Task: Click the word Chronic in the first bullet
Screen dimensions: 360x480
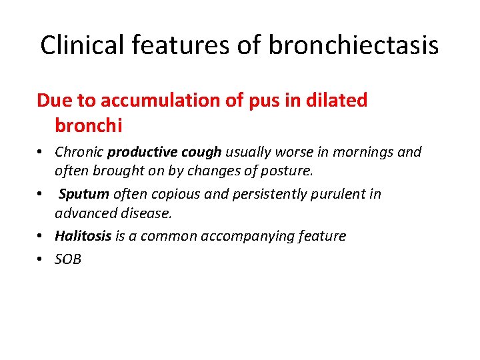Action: [79, 152]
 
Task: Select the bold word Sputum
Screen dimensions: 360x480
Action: [84, 194]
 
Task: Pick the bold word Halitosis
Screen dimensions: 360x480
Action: [84, 236]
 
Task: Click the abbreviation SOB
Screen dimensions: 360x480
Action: [68, 259]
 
